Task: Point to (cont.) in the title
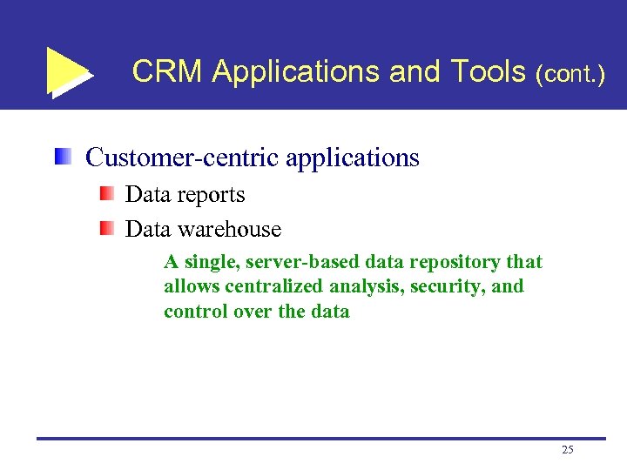click(571, 74)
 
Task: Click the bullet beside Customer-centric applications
click(62, 158)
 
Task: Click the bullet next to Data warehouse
click(105, 228)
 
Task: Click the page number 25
click(568, 450)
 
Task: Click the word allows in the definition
click(191, 286)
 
